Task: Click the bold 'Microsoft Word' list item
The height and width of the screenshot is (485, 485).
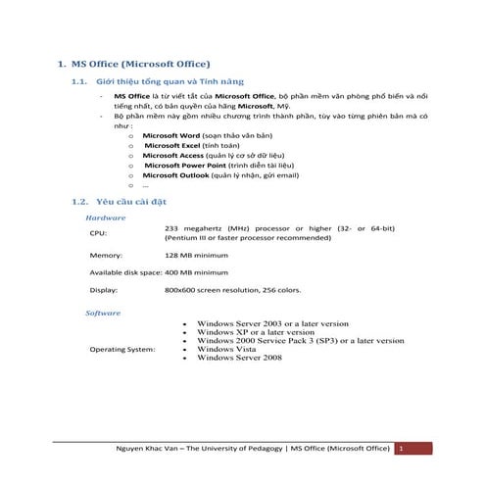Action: tap(172, 135)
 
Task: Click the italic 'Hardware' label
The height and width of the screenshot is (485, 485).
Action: tap(106, 217)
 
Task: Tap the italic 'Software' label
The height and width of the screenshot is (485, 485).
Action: tap(104, 313)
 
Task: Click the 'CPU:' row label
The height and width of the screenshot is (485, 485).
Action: tap(98, 233)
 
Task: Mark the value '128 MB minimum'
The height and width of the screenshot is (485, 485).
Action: tap(196, 255)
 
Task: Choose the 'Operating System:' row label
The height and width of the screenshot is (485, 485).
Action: tap(121, 349)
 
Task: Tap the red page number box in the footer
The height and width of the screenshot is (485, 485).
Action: tap(401, 448)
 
